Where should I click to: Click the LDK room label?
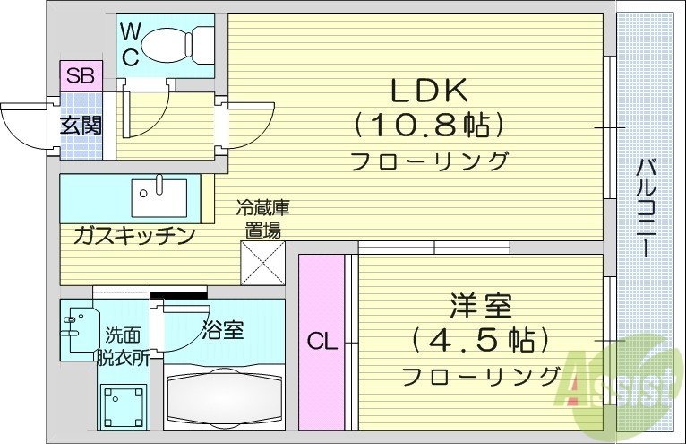point(428,91)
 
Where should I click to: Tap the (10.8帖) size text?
point(428,126)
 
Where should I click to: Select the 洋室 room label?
point(481,305)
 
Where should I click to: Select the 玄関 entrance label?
point(81,125)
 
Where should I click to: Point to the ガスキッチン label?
point(134,236)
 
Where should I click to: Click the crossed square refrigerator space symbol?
point(264,264)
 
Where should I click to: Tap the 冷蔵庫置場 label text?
point(263,218)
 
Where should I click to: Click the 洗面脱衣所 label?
point(123,345)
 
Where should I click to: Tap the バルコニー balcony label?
point(646,207)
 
